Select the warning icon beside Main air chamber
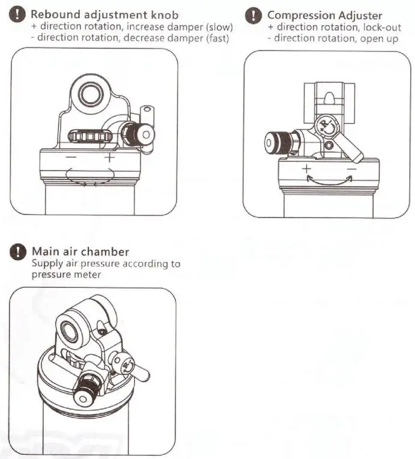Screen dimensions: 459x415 point(19,252)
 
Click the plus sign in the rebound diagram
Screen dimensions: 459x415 point(109,157)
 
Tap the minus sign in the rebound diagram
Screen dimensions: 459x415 point(71,157)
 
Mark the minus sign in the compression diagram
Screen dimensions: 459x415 point(352,169)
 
